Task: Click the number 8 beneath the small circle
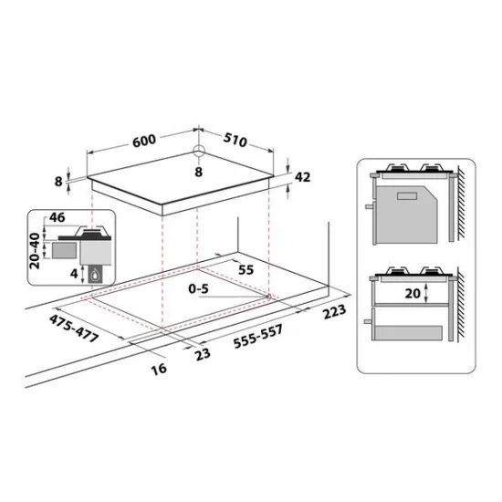200,172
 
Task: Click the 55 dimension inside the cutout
246,271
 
